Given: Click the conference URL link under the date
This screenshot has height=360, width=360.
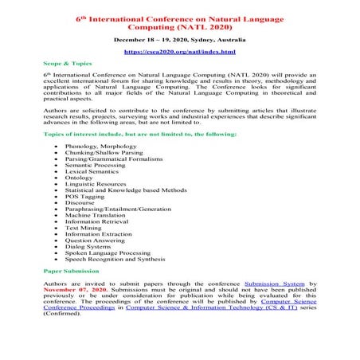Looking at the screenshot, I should (179, 52).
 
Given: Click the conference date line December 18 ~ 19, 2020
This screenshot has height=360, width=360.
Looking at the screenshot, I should (179, 38).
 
